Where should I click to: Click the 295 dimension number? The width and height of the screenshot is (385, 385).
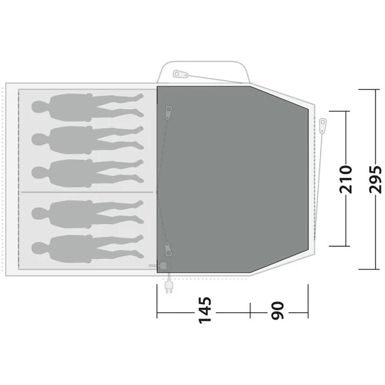tap(375, 180)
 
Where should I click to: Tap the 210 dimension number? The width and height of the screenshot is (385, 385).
tap(345, 180)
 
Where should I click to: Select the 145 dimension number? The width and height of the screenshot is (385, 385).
tap(205, 310)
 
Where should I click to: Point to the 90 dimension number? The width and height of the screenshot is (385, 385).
tap(278, 310)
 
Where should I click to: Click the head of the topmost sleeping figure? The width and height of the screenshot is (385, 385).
tap(38, 107)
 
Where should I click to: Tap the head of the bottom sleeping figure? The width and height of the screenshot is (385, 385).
tap(38, 248)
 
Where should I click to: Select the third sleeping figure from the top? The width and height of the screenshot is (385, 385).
tap(88, 173)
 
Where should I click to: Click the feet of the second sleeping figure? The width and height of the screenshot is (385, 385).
tap(139, 138)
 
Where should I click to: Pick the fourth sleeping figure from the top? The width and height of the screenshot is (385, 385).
tap(88, 214)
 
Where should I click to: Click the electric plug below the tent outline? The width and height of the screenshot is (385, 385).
tap(169, 286)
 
